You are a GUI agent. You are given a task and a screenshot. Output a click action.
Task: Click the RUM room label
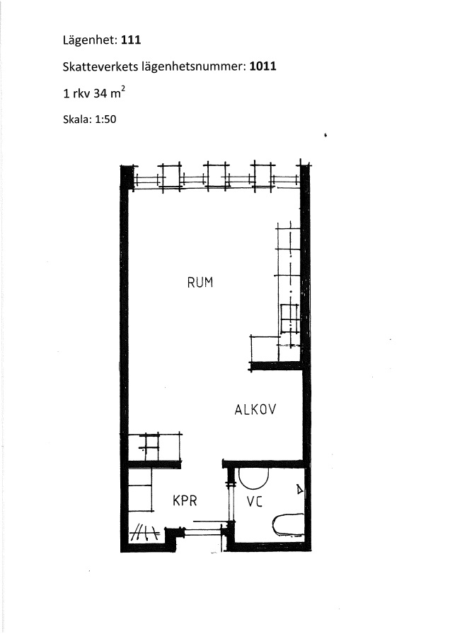click(200, 282)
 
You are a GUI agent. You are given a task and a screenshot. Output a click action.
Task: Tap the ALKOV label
click(255, 409)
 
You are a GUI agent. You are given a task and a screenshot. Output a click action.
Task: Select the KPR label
click(185, 500)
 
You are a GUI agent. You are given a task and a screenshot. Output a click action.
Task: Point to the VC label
click(255, 502)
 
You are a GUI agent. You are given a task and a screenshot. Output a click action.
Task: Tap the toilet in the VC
click(289, 525)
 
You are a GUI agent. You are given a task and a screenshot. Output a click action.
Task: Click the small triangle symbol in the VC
click(299, 490)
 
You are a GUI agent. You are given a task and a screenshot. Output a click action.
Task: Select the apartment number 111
click(131, 40)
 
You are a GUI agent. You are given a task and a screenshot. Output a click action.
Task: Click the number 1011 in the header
click(262, 66)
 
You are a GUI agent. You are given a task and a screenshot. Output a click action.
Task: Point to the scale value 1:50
click(105, 119)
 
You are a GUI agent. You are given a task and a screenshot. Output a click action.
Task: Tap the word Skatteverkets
click(100, 66)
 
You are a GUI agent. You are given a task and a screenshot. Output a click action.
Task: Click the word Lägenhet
click(90, 40)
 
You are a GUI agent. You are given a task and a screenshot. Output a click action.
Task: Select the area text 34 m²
click(109, 93)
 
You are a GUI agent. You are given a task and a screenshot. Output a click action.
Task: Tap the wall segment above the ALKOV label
click(275, 366)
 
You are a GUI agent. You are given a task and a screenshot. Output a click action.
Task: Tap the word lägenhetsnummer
click(194, 67)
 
